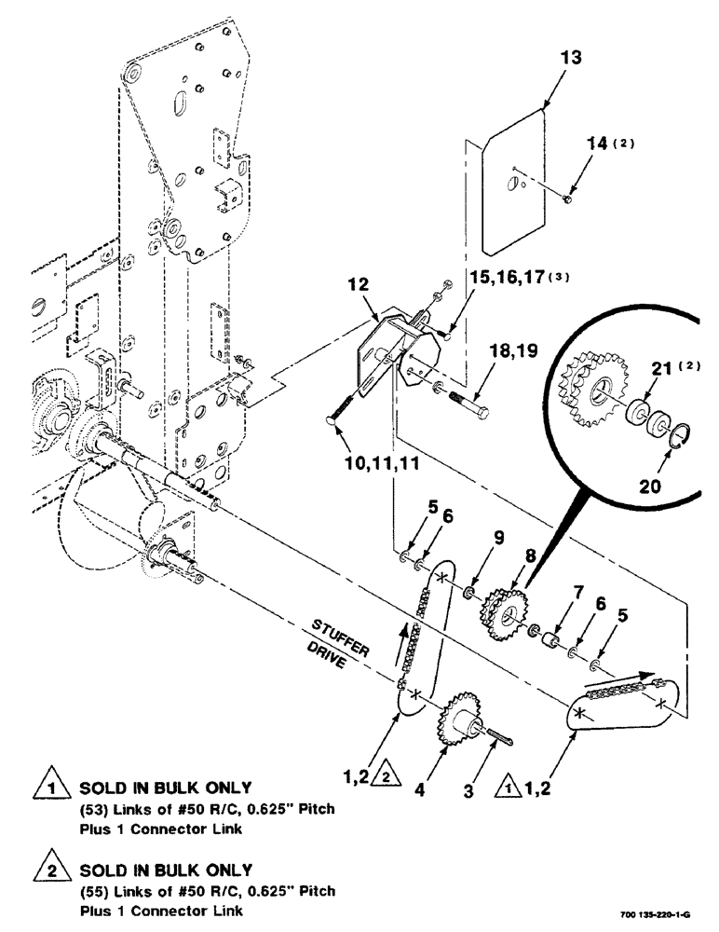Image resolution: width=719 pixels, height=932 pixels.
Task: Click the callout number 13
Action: tap(571, 58)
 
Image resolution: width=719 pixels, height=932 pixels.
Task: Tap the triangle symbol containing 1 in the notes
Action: tap(43, 791)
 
